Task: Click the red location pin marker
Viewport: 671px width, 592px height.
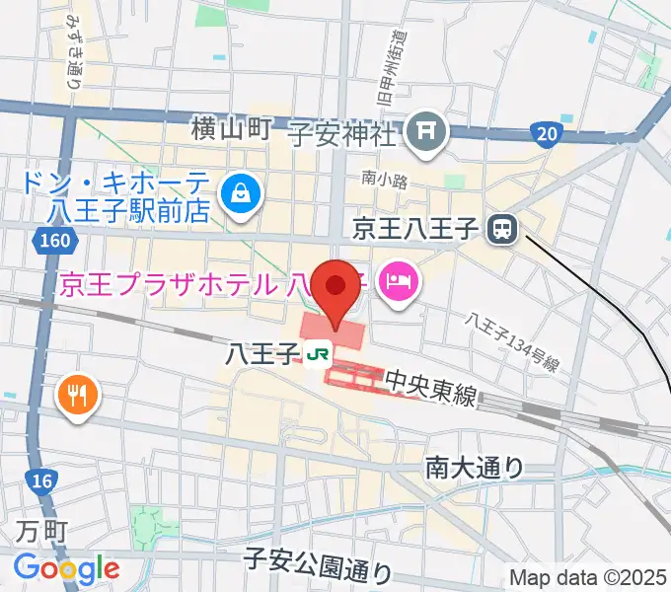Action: click(336, 288)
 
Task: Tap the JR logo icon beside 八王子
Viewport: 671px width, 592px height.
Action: click(317, 353)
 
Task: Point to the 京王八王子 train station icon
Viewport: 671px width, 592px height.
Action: click(502, 230)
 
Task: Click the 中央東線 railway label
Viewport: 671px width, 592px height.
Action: click(430, 386)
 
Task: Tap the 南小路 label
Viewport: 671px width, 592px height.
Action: click(384, 179)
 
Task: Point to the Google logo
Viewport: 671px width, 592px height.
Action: click(66, 568)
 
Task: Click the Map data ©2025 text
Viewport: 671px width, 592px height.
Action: click(587, 577)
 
